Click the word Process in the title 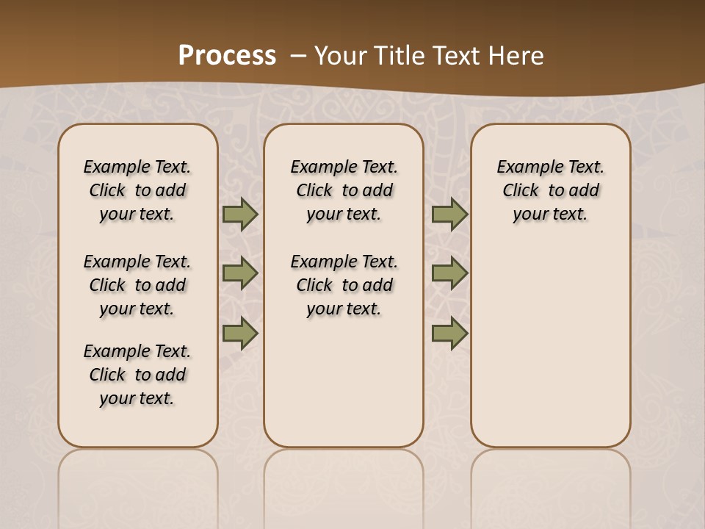227,56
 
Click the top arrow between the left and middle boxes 240,215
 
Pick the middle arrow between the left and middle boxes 240,273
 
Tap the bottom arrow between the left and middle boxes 240,334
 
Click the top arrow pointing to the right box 449,215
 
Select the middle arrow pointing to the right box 449,273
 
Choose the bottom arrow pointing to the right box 449,334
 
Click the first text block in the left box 137,190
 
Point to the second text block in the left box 137,285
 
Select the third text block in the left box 137,375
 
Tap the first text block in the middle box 344,190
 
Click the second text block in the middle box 344,285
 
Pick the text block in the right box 550,190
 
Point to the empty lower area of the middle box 344,382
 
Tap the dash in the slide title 299,56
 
